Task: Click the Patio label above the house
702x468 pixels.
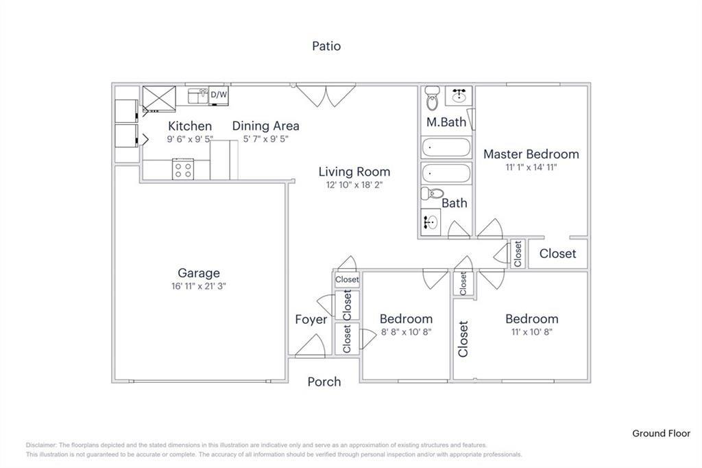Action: point(326,47)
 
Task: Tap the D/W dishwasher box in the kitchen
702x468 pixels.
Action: point(219,95)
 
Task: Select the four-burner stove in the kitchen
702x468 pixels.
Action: point(183,169)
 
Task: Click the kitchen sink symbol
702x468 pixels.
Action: point(198,95)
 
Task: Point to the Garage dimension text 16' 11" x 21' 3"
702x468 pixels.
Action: point(199,286)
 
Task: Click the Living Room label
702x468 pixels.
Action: point(354,172)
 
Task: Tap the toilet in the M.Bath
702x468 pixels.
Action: point(433,99)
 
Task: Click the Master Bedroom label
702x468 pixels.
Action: point(531,154)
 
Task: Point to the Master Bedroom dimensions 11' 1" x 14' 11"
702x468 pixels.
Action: point(531,167)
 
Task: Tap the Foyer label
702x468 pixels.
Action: point(311,320)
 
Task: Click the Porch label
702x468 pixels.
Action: point(324,382)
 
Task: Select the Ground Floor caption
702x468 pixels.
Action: point(661,433)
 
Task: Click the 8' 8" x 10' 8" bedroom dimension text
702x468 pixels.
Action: point(406,332)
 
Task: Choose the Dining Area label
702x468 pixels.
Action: point(265,126)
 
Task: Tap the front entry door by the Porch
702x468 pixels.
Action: point(311,347)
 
